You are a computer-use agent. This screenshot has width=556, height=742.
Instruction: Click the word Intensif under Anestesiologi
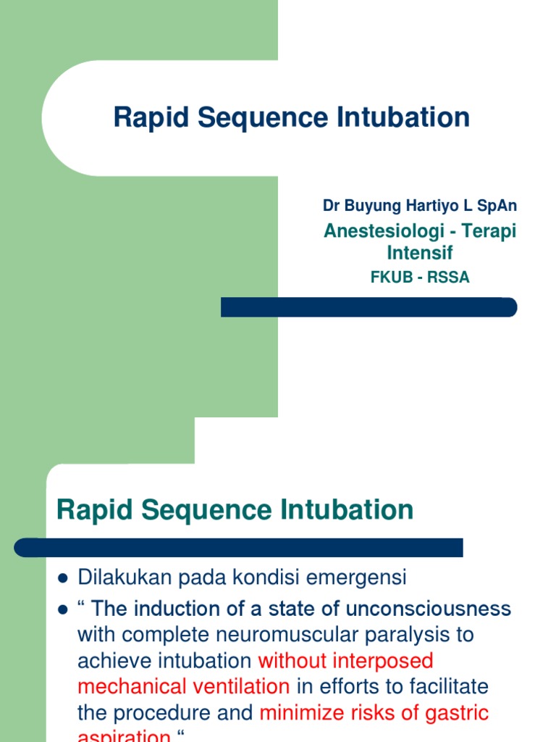click(x=420, y=253)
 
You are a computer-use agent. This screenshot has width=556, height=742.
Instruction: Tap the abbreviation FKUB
click(x=387, y=277)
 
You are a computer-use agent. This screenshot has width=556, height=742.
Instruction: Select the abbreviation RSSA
click(x=450, y=277)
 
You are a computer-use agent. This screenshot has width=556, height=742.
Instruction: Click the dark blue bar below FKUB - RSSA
click(x=368, y=307)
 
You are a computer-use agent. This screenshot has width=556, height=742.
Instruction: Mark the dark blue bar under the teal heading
click(x=239, y=547)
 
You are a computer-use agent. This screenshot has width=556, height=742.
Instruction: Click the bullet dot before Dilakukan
click(x=62, y=578)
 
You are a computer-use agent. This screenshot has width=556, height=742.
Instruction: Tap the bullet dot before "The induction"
click(x=62, y=609)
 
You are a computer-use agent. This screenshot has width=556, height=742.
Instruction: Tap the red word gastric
click(x=455, y=712)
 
